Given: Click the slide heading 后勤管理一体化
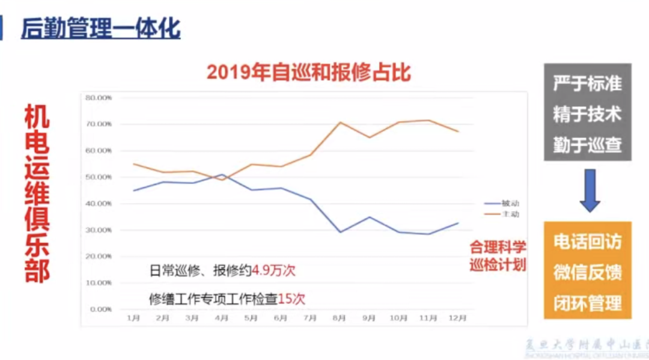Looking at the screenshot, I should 101,29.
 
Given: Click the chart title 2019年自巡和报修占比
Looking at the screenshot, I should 309,72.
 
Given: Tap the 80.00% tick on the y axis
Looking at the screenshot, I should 99,97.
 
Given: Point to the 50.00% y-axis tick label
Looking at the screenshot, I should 99,177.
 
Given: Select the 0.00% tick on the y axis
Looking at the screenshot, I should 100,309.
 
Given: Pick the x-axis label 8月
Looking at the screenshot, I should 340,319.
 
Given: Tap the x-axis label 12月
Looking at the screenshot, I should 458,319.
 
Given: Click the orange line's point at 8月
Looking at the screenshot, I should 341,122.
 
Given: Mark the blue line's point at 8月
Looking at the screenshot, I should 341,232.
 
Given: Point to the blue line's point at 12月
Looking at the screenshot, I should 458,223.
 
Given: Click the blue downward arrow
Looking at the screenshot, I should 590,191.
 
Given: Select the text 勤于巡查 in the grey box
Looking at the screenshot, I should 587,145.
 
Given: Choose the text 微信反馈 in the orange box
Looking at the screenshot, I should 587,272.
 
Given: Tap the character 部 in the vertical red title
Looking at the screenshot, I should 37,272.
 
